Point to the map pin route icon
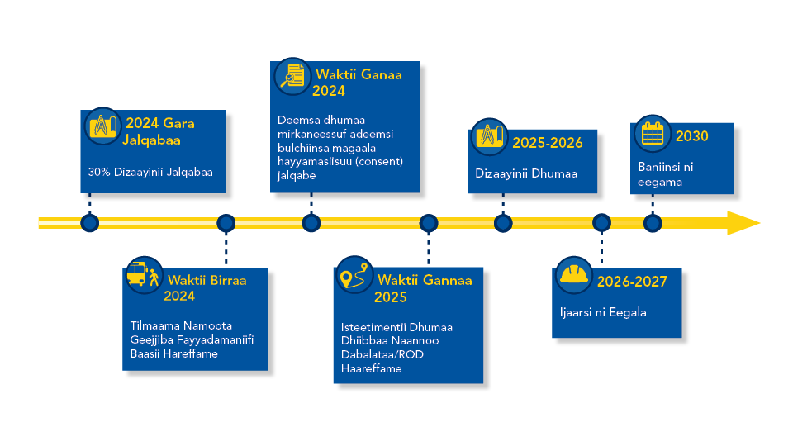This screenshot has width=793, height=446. tap(354, 278)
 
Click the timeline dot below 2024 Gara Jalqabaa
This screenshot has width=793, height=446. tap(89, 222)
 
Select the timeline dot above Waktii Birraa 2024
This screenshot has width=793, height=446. tap(226, 222)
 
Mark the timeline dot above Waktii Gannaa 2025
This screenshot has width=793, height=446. tap(429, 222)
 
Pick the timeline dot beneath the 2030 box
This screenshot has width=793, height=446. tap(653, 222)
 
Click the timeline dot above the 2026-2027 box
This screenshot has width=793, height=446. tap(601, 222)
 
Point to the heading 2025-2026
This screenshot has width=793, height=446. tap(547, 143)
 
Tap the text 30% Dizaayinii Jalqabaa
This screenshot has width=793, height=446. tap(150, 173)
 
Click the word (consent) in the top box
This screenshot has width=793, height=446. tap(376, 162)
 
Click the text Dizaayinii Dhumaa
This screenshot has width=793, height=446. tap(526, 173)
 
